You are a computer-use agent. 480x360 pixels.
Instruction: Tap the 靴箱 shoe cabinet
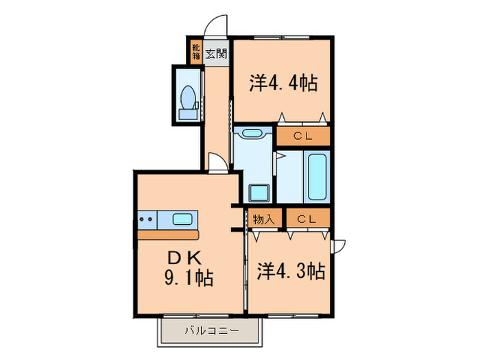coord(196,53)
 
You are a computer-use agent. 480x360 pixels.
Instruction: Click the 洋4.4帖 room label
coord(283,84)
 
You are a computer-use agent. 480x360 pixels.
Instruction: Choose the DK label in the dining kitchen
coord(184,259)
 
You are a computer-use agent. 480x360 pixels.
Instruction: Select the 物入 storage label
coord(263,219)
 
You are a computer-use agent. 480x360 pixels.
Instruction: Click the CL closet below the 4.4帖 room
coord(303,135)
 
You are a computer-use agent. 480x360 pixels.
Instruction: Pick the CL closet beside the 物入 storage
coord(306,219)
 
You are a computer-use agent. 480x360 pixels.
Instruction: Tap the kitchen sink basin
coord(182,220)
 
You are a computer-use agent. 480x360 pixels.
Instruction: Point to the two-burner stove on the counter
coord(146,220)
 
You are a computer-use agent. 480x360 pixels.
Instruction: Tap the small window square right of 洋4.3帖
coord(339,245)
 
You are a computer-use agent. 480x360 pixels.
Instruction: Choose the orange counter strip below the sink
coord(168,235)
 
